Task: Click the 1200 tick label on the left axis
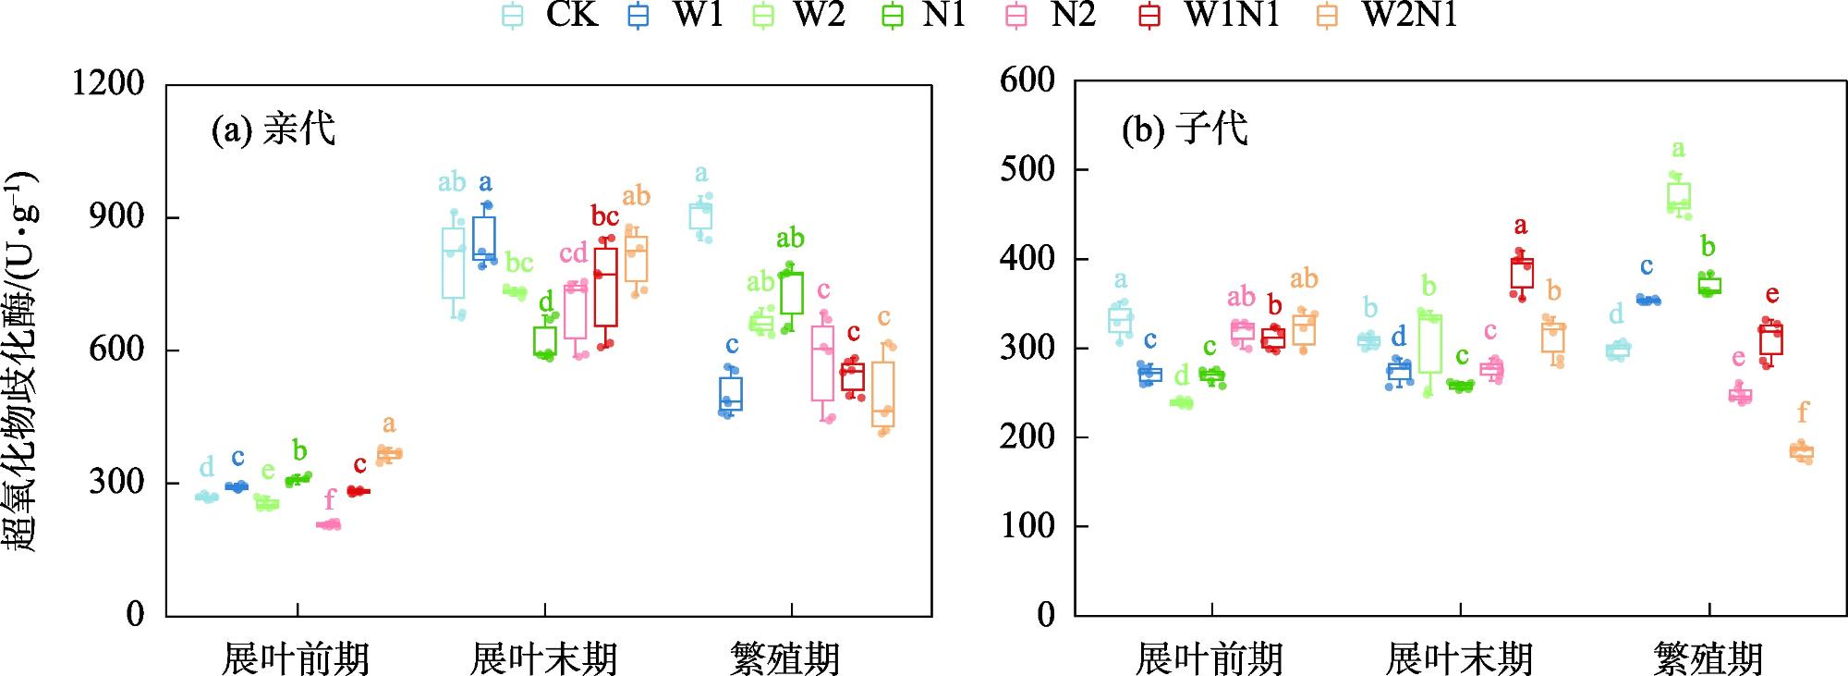(109, 84)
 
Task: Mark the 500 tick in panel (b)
(1027, 169)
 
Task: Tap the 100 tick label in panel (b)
(1027, 526)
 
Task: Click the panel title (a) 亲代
(274, 129)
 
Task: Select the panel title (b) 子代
(1185, 129)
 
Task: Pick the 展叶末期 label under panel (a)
(543, 659)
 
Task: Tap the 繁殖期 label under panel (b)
(1708, 659)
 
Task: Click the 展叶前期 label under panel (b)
(1210, 659)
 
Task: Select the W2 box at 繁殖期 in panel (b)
(1679, 195)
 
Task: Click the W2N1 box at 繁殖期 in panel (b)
(1802, 452)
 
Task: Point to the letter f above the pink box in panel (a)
(330, 501)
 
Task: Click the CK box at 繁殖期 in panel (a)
(701, 216)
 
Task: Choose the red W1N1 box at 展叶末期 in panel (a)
(606, 286)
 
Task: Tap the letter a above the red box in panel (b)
(1521, 226)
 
